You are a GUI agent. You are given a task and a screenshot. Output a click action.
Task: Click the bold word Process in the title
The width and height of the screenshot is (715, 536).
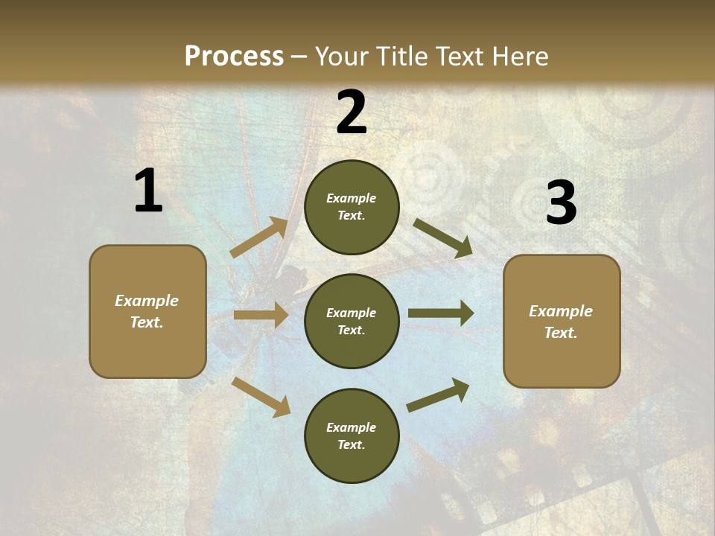tap(234, 57)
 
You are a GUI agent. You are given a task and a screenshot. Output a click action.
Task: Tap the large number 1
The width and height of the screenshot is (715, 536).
tap(148, 191)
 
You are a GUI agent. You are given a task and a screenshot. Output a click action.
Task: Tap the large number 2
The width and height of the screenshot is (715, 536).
tap(352, 112)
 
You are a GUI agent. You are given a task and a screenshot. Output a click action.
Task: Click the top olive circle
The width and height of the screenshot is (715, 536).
tap(352, 207)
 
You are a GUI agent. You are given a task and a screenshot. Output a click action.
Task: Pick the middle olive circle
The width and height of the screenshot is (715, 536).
tap(352, 321)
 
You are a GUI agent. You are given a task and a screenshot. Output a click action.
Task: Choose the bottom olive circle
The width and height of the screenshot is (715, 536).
tap(352, 435)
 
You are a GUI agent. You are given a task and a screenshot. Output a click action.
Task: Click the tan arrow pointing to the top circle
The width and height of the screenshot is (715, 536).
tap(259, 237)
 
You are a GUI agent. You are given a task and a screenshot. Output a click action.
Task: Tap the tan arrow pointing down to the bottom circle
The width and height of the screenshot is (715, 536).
tap(261, 396)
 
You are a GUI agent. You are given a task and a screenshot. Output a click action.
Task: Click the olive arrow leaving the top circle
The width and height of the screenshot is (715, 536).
tap(442, 237)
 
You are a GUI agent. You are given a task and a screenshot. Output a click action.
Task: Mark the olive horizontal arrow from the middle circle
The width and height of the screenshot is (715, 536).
tap(440, 313)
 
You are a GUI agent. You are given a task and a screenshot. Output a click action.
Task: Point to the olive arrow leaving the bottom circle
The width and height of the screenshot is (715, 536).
tap(438, 395)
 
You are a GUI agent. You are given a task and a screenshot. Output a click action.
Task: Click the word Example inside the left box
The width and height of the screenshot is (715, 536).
tap(147, 301)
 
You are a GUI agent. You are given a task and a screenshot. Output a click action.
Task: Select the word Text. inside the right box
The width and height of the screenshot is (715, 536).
tap(561, 333)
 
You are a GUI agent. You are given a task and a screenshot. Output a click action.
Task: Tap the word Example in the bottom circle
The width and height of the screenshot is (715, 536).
tap(351, 427)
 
